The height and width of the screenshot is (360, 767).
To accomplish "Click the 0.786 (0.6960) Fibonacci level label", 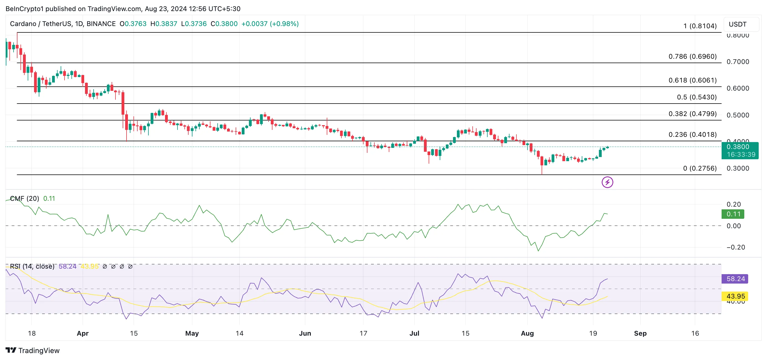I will (x=692, y=56).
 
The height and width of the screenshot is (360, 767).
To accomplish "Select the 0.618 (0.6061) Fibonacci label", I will (x=692, y=80).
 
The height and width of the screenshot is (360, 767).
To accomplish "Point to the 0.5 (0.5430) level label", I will (x=696, y=97).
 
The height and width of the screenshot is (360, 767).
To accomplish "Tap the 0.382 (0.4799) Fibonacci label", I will (x=692, y=114).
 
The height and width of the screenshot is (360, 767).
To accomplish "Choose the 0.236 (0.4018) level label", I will (x=692, y=135).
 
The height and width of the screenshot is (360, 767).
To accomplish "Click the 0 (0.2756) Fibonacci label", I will (x=699, y=168).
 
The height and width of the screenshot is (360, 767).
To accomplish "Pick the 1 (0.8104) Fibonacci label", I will (x=699, y=26).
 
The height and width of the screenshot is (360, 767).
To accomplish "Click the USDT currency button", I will (x=738, y=24).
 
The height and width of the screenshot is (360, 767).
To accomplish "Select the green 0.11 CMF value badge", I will (x=733, y=214).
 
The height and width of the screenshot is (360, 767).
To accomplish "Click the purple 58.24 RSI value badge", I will (x=735, y=279).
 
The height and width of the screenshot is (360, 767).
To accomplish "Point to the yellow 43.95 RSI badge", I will (x=735, y=296).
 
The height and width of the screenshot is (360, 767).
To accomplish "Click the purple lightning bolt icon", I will (x=607, y=182).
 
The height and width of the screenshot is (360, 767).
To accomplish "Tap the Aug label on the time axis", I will (x=527, y=333).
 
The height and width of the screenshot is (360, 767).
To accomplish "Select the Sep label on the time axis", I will (x=640, y=333).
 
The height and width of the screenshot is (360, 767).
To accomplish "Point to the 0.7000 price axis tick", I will (x=738, y=62).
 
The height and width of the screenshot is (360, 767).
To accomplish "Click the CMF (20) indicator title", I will (x=24, y=199).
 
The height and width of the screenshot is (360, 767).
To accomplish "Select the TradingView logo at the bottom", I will (x=32, y=351).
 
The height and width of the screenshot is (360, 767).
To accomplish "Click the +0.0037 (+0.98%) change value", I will (x=270, y=24).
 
